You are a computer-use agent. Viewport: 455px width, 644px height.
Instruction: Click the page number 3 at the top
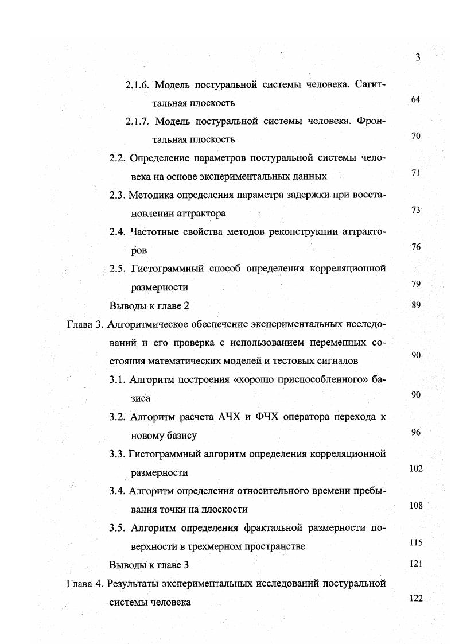click(x=418, y=57)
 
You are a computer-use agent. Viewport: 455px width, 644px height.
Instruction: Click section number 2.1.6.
click(x=138, y=85)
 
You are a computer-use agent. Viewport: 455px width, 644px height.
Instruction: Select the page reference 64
click(x=416, y=99)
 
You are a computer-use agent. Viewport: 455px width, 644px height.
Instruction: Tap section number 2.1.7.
click(x=138, y=121)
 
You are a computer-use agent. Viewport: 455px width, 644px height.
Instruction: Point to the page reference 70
click(x=416, y=136)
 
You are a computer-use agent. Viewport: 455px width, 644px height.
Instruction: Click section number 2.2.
click(x=118, y=158)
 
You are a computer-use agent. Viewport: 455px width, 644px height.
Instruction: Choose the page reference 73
click(x=416, y=210)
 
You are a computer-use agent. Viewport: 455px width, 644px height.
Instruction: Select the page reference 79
click(x=416, y=284)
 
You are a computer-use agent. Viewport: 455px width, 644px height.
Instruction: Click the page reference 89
click(x=416, y=305)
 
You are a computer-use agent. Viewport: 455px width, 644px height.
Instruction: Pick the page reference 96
click(x=416, y=432)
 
